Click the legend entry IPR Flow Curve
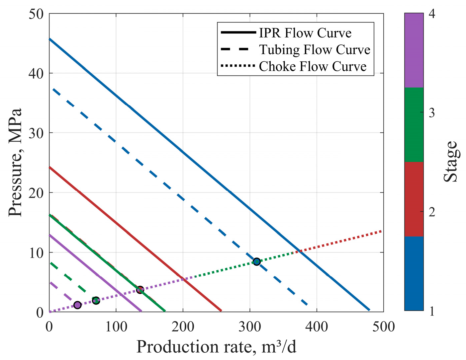[305, 33]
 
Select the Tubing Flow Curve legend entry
[314, 50]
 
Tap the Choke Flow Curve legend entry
[313, 66]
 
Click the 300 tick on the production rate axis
[250, 326]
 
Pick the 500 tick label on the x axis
[383, 326]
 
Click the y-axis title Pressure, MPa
[15, 162]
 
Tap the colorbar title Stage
[451, 162]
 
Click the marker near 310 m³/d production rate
[256, 261]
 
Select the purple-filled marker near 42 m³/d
[77, 305]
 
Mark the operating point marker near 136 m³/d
[140, 290]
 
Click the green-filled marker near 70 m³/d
[96, 301]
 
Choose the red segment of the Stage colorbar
[414, 199]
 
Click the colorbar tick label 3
[431, 113]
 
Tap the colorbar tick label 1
[431, 312]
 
